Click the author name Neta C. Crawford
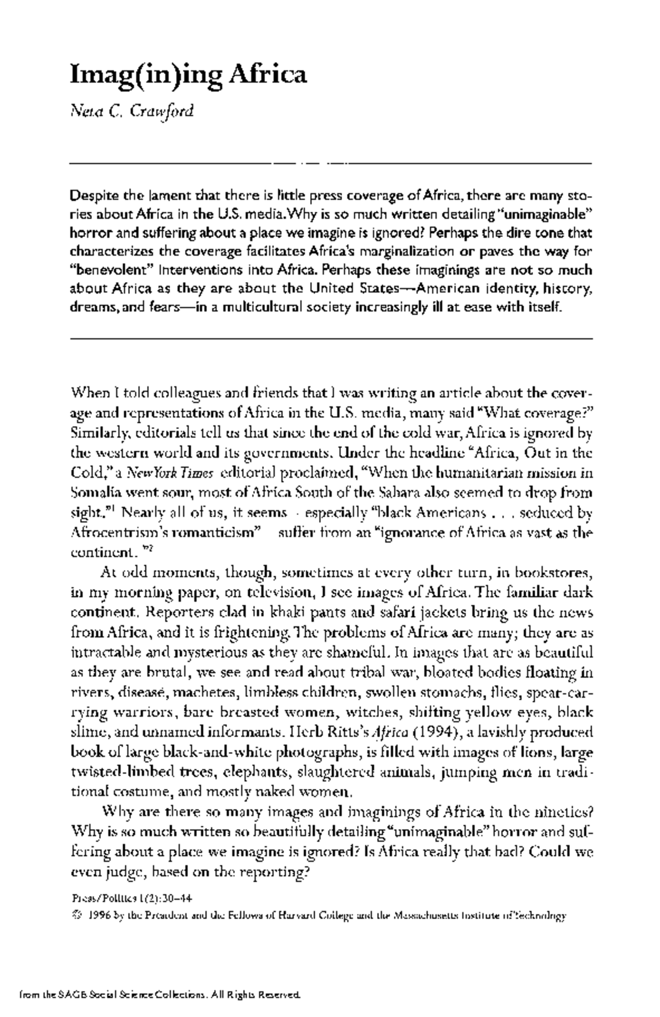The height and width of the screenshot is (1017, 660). pyautogui.click(x=133, y=112)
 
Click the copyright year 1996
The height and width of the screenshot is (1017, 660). pyautogui.click(x=100, y=916)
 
